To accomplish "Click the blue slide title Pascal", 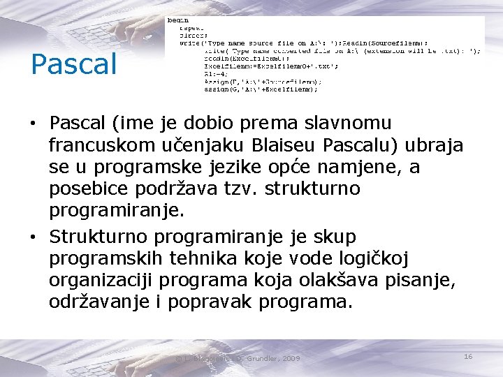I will [73, 64].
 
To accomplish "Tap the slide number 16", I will [468, 357].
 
